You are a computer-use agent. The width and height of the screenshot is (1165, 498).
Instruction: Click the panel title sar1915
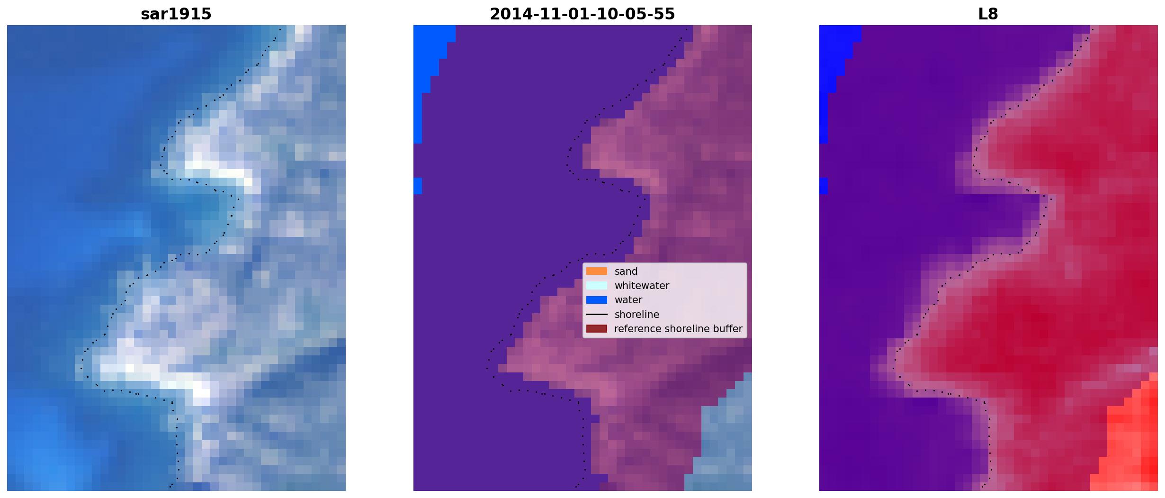(176, 14)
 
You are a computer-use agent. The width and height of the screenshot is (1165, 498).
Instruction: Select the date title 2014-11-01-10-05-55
(582, 14)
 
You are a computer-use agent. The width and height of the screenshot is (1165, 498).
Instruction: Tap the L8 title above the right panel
(988, 14)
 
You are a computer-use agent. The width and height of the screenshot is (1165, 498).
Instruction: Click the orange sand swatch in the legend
(596, 271)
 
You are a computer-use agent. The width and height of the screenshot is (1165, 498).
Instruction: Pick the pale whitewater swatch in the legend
(596, 285)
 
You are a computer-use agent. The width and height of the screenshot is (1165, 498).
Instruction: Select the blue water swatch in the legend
(596, 300)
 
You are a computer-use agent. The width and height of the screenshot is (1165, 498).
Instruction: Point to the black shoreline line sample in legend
(596, 314)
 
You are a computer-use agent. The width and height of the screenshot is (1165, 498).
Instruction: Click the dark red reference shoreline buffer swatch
(596, 328)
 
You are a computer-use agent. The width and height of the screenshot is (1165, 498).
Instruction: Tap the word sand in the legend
(626, 272)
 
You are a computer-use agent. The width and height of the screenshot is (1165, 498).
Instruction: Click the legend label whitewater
(642, 286)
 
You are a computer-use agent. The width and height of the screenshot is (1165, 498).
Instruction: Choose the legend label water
(628, 300)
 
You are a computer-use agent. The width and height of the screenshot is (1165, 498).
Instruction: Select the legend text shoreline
(636, 314)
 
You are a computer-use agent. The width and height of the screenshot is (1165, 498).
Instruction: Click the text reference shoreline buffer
(678, 329)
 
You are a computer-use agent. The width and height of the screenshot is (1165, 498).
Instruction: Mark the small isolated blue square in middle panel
(417, 186)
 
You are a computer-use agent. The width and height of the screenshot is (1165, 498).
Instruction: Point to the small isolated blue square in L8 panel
(824, 186)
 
